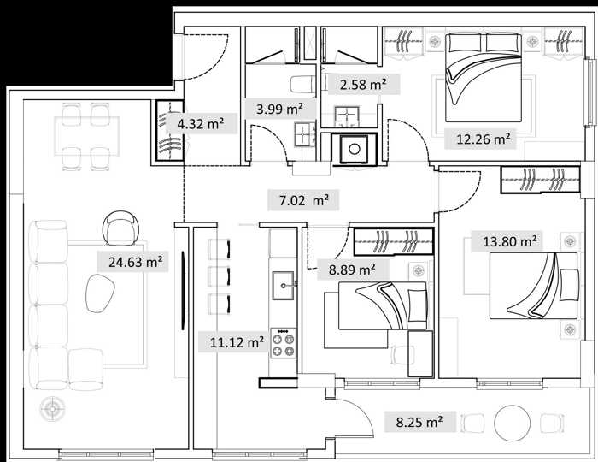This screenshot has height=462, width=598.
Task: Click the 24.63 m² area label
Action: [136, 262]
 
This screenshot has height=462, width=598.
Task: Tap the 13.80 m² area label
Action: [510, 241]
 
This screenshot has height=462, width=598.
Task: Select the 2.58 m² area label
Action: [363, 85]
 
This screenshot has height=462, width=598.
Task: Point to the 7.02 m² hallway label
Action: [304, 200]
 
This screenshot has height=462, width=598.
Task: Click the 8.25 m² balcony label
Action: [419, 422]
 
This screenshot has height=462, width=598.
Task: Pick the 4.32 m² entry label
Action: [201, 124]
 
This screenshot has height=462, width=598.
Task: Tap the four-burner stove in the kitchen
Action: [283, 343]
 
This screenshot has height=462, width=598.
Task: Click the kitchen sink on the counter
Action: [283, 285]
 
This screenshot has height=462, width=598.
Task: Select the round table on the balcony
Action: [513, 423]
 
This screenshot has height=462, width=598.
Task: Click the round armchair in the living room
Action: [120, 228]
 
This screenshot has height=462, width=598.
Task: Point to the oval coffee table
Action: [100, 293]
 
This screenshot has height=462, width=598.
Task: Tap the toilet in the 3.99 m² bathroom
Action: [302, 84]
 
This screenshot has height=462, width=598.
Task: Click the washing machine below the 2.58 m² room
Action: [355, 149]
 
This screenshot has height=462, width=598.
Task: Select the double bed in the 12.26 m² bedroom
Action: [484, 78]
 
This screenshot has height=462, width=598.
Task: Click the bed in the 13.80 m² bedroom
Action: [534, 286]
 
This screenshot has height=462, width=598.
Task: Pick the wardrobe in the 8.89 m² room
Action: [394, 241]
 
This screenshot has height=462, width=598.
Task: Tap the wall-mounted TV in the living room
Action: [184, 290]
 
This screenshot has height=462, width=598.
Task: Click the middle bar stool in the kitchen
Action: [220, 276]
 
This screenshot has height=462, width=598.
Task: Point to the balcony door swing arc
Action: [361, 410]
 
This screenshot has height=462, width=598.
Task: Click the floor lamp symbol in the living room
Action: [52, 409]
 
